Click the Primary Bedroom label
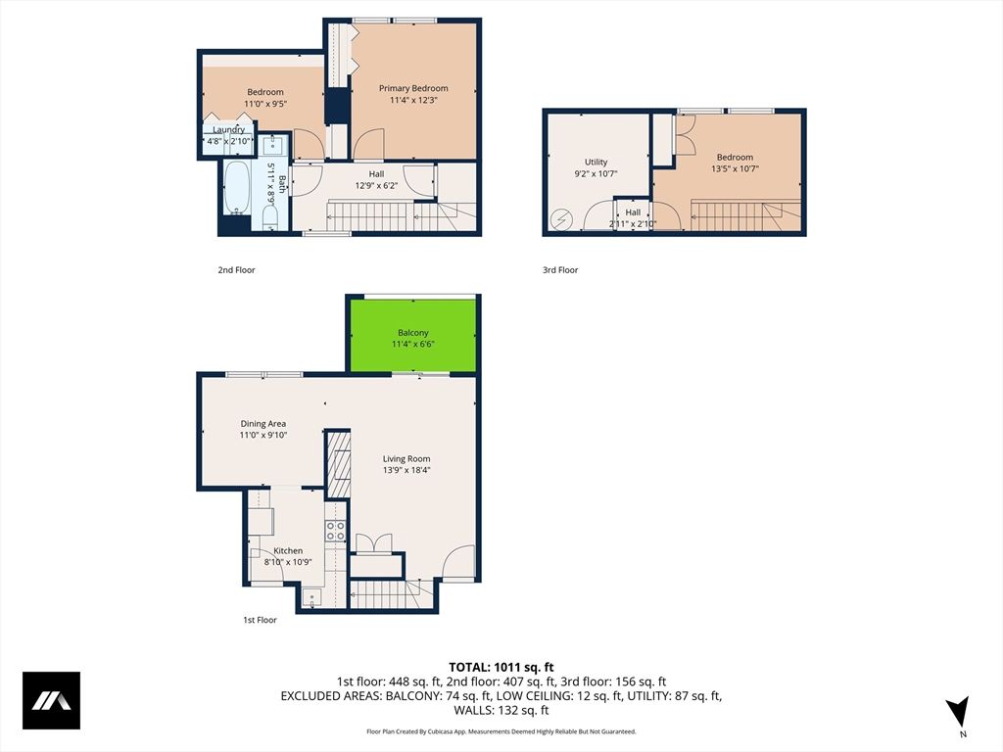coord(413,88)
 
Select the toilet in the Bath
coord(271,216)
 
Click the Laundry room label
coord(228,129)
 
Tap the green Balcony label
coord(412,332)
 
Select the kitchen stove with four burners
coord(335,531)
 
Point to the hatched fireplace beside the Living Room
coord(339,468)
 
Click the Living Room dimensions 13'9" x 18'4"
coord(406,470)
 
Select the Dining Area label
coord(263,424)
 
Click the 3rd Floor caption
coord(560,270)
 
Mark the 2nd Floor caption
coord(236,270)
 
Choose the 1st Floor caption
coord(260,620)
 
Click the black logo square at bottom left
coord(51,700)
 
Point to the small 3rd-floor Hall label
coord(633,212)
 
